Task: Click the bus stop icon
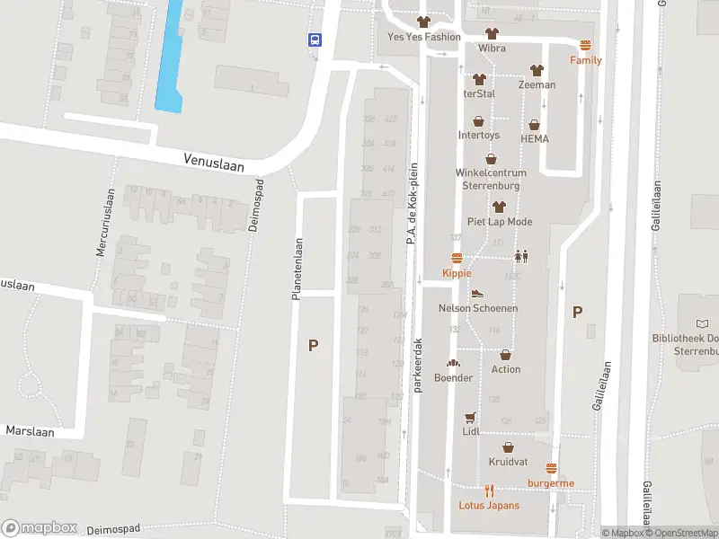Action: tap(315, 40)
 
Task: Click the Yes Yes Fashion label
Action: tap(423, 37)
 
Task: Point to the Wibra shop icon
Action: tap(492, 33)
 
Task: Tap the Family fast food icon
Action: tap(586, 46)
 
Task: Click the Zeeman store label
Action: tap(537, 84)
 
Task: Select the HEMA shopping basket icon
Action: tap(534, 125)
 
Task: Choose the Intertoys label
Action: tap(478, 136)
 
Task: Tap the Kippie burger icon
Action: tap(457, 259)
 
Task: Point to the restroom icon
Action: tap(520, 256)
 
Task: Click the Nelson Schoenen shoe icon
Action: tap(477, 293)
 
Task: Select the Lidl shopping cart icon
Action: tap(470, 418)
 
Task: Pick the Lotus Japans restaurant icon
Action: tap(490, 490)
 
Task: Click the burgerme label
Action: tap(551, 483)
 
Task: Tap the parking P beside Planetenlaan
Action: tap(313, 345)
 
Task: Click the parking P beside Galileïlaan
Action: tap(577, 313)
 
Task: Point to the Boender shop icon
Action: tap(454, 364)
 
